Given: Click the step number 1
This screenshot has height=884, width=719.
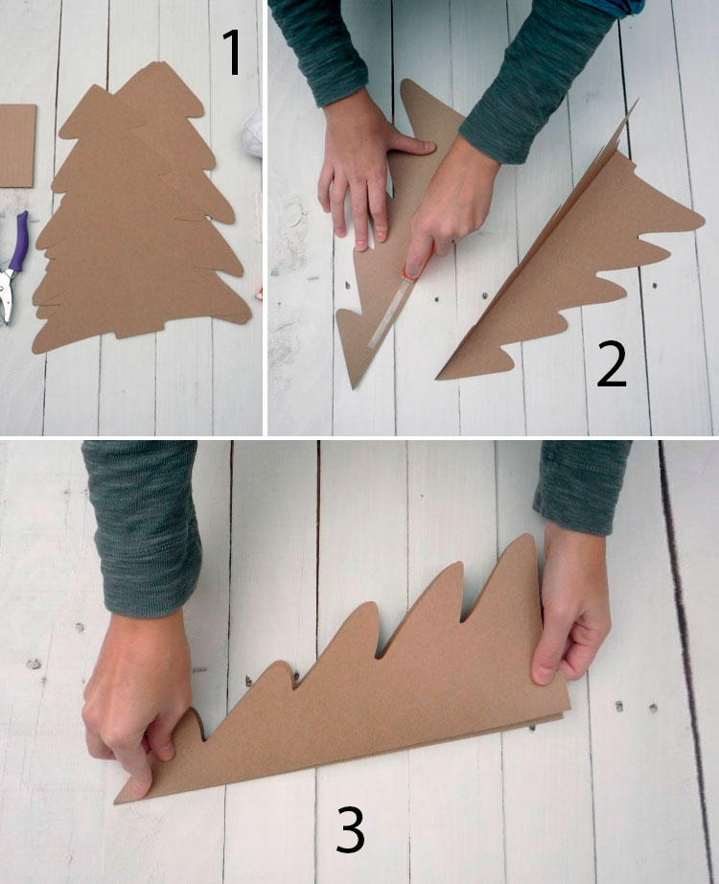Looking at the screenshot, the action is pyautogui.click(x=232, y=52).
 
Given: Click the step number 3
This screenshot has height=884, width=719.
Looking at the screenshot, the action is pyautogui.click(x=350, y=829).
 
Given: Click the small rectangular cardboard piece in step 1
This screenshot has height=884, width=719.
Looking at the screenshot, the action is pyautogui.click(x=17, y=146).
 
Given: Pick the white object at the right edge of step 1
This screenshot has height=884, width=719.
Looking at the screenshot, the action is pyautogui.click(x=254, y=133).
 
